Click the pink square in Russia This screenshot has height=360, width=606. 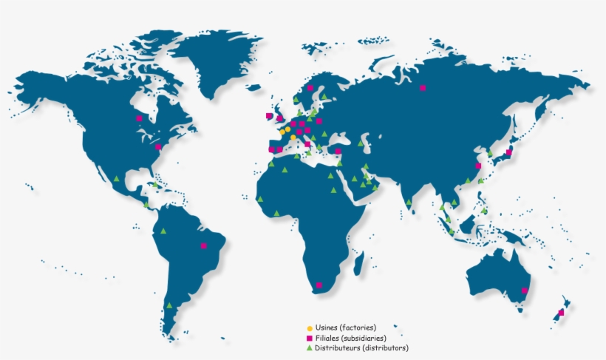[423, 88]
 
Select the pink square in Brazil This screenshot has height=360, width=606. [203, 245]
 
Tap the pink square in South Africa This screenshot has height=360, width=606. [319, 285]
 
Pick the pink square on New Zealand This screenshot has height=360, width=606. [561, 313]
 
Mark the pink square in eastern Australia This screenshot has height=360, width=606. [524, 291]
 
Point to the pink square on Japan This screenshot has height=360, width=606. [508, 153]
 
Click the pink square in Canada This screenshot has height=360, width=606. [138, 118]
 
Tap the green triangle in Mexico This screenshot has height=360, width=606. [117, 177]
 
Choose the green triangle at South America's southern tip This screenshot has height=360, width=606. [170, 305]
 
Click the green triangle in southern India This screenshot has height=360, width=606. [408, 201]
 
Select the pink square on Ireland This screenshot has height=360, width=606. [269, 116]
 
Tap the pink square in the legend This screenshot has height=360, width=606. [310, 338]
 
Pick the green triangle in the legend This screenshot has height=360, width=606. [310, 347]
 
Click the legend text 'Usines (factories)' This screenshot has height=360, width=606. [346, 327]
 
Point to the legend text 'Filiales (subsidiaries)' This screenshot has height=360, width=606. [351, 338]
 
